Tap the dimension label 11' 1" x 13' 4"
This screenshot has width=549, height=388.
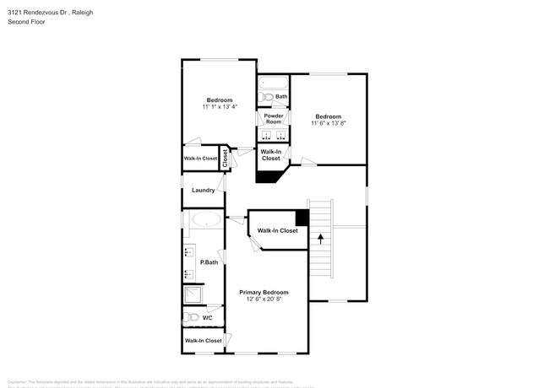tap(219, 107)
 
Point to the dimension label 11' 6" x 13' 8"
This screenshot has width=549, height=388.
tap(328, 124)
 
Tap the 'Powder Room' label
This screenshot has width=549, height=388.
tap(273, 119)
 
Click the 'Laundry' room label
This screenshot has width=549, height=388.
tap(203, 191)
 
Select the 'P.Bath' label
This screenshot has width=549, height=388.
tap(209, 262)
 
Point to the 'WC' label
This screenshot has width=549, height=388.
tap(207, 318)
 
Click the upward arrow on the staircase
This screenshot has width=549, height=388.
tap(320, 239)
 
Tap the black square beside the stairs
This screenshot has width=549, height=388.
tap(302, 217)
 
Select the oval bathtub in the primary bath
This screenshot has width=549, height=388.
tap(205, 220)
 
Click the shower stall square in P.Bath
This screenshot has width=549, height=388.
tap(193, 294)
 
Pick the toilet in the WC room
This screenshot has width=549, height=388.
tap(191, 318)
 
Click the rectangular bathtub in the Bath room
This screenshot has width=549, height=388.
tap(273, 84)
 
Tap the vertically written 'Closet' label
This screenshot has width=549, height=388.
tap(225, 158)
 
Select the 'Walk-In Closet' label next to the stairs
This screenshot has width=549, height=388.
tap(277, 230)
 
